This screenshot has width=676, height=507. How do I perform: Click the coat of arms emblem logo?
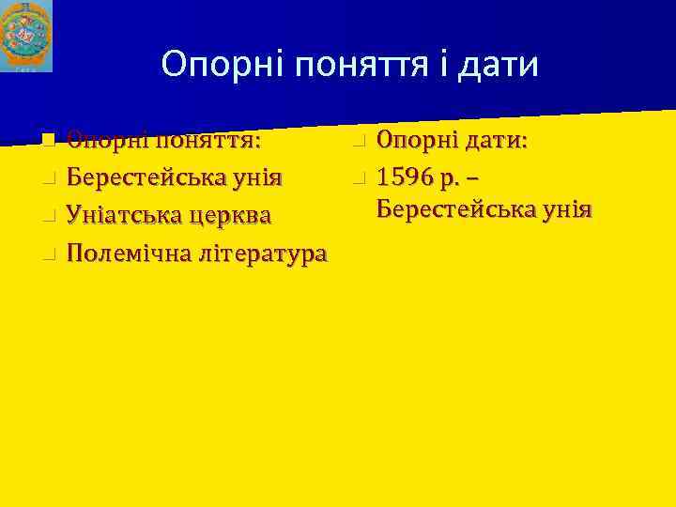[26, 36]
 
